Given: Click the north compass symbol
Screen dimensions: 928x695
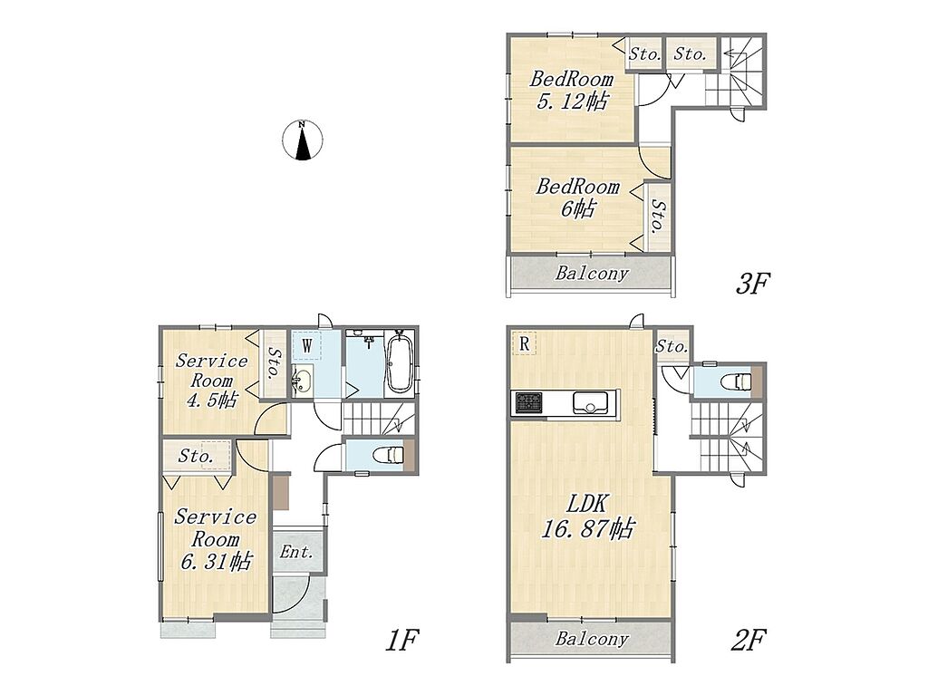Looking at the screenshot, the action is [x=303, y=140].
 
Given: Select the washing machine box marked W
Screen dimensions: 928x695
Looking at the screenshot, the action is [x=306, y=346].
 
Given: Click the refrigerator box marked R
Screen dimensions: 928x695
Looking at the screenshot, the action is [x=524, y=343].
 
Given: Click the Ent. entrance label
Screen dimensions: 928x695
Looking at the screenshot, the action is [x=296, y=553].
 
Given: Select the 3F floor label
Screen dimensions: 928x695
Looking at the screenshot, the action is [x=751, y=285].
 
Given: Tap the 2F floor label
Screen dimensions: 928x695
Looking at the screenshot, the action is [x=749, y=640].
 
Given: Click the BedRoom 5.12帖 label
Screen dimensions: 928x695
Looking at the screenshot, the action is [x=571, y=90].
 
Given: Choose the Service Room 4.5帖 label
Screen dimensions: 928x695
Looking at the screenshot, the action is [x=211, y=381].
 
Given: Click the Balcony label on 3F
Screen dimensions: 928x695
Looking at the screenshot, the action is [x=591, y=273].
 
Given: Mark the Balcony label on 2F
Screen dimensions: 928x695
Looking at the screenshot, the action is [x=591, y=639].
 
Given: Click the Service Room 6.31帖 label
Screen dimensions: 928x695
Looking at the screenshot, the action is [x=216, y=539].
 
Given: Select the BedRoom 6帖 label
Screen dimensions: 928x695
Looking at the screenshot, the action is [x=577, y=198].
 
